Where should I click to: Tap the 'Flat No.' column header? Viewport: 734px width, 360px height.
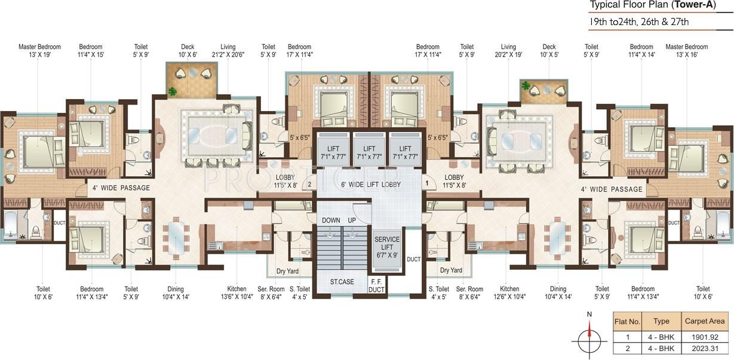coord(627,321)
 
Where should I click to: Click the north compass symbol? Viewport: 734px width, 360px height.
coord(589,337)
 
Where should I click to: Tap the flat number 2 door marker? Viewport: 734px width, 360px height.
coord(309,184)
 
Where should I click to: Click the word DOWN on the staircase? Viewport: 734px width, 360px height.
coord(331,220)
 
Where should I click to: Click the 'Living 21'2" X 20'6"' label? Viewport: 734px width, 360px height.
coord(228,51)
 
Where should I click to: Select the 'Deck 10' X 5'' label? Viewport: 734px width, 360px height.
coord(549,51)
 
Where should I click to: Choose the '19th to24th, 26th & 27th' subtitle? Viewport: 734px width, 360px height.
coord(639,22)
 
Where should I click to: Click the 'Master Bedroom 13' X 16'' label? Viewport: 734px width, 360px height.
coord(686,51)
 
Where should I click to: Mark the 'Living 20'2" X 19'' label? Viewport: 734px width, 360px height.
coord(508,51)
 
